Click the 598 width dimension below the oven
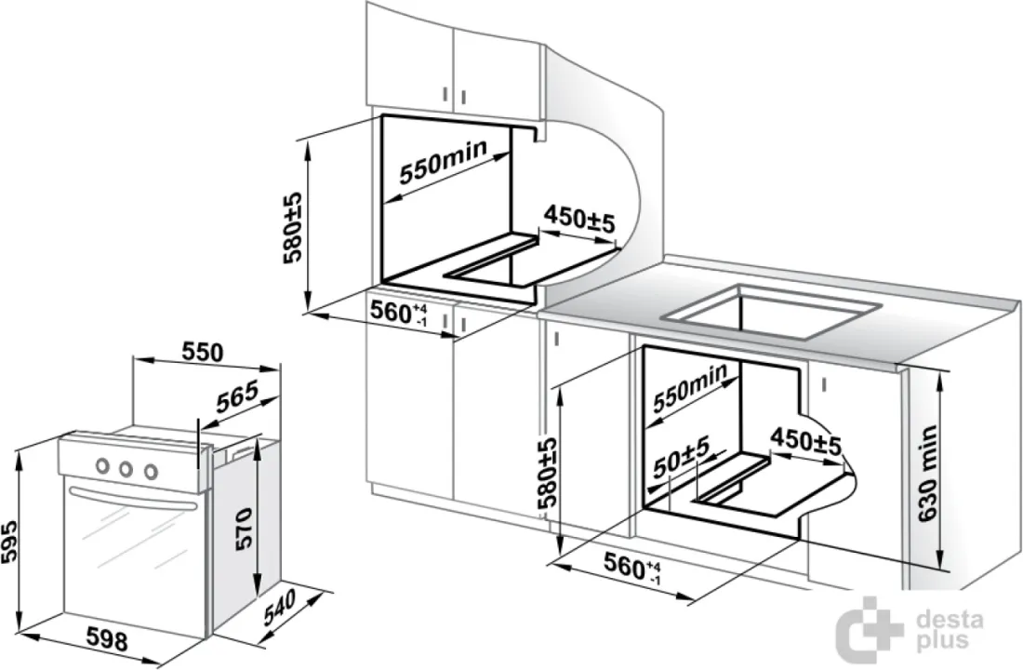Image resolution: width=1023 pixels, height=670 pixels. (108, 640)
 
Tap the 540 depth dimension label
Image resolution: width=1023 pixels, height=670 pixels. (280, 607)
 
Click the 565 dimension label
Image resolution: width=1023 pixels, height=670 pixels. (237, 395)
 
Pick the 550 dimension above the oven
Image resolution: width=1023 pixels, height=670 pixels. (202, 352)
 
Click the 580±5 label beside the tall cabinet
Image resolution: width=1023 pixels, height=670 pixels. (293, 227)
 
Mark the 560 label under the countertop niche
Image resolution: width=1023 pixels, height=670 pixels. (631, 567)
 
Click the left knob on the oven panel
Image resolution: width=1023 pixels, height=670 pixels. (102, 465)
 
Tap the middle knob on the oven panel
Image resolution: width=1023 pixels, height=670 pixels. (126, 468)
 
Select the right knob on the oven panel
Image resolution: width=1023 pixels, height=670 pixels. (151, 471)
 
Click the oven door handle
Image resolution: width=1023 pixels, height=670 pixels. (132, 497)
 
